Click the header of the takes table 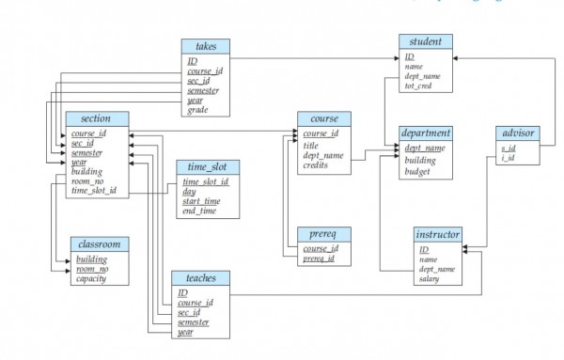point(206,46)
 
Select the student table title point(426,41)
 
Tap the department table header point(426,133)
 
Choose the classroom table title point(99,243)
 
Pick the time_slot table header point(208,166)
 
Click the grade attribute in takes point(197,110)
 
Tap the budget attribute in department point(418,172)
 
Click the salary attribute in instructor point(430,279)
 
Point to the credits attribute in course point(317,165)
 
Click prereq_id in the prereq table point(319,258)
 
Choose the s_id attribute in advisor point(509,148)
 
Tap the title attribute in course point(311,145)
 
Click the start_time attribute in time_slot point(203,201)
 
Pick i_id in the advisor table point(508,158)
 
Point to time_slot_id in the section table point(95,191)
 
